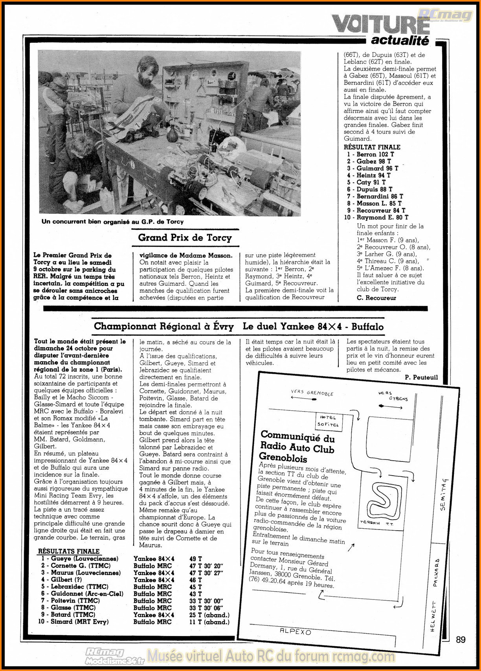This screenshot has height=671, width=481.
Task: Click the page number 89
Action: pos(461,640)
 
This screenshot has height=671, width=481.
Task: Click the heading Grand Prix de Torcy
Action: pos(185,238)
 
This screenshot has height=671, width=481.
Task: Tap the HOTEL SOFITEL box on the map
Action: pos(328,421)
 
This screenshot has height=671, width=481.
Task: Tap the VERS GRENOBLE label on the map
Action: pos(312,393)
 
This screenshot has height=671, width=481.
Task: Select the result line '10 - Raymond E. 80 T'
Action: pos(376,217)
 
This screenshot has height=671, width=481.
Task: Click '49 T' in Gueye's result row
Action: pos(196,559)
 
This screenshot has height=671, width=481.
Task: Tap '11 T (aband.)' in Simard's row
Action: pos(209,622)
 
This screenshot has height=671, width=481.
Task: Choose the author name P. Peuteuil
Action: pos(421,377)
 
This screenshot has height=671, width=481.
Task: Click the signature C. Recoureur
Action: pos(376,298)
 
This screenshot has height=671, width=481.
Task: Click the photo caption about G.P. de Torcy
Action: pos(112,222)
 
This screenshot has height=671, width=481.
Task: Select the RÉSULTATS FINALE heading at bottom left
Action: pos(69,551)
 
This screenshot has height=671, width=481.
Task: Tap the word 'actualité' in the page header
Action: pos(400,40)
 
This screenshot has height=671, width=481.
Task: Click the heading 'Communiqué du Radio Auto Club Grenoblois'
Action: pos(297,447)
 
